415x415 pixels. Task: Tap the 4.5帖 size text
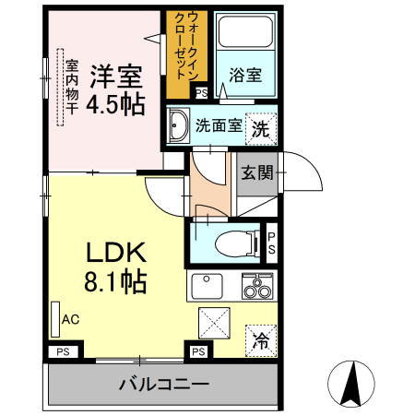[115, 104]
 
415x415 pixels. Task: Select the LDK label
[116, 253]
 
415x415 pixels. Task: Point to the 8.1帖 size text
[116, 281]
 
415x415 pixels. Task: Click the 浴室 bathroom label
[244, 77]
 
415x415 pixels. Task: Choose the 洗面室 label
[219, 126]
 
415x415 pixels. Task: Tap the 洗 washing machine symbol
[261, 129]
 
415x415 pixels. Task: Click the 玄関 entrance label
[256, 172]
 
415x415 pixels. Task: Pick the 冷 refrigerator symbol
[261, 339]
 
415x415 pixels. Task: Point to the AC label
[70, 320]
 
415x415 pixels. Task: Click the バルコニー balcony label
[163, 383]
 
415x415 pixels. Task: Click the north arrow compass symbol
[351, 381]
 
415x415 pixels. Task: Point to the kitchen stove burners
[257, 288]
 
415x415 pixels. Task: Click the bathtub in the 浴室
[244, 36]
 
